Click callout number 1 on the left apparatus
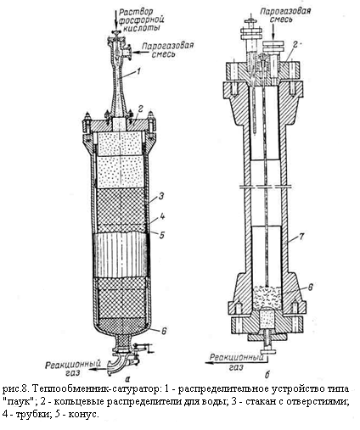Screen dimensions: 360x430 click(x=138, y=71)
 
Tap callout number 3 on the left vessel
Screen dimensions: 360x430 click(x=160, y=196)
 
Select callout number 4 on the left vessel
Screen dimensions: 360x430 click(x=161, y=216)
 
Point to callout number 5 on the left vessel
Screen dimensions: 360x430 click(x=161, y=235)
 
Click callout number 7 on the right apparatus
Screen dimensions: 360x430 click(x=301, y=236)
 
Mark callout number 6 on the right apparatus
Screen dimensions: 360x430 click(x=310, y=287)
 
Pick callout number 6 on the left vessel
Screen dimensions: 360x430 click(x=164, y=331)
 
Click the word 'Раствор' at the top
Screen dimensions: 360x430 click(x=136, y=12)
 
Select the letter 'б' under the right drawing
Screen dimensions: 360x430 click(x=267, y=375)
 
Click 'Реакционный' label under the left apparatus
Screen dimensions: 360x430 click(x=73, y=364)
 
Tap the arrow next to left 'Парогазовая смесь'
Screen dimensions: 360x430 click(x=137, y=52)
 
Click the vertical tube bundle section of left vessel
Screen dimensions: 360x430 click(x=121, y=254)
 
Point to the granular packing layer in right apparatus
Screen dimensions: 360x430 click(x=267, y=297)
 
